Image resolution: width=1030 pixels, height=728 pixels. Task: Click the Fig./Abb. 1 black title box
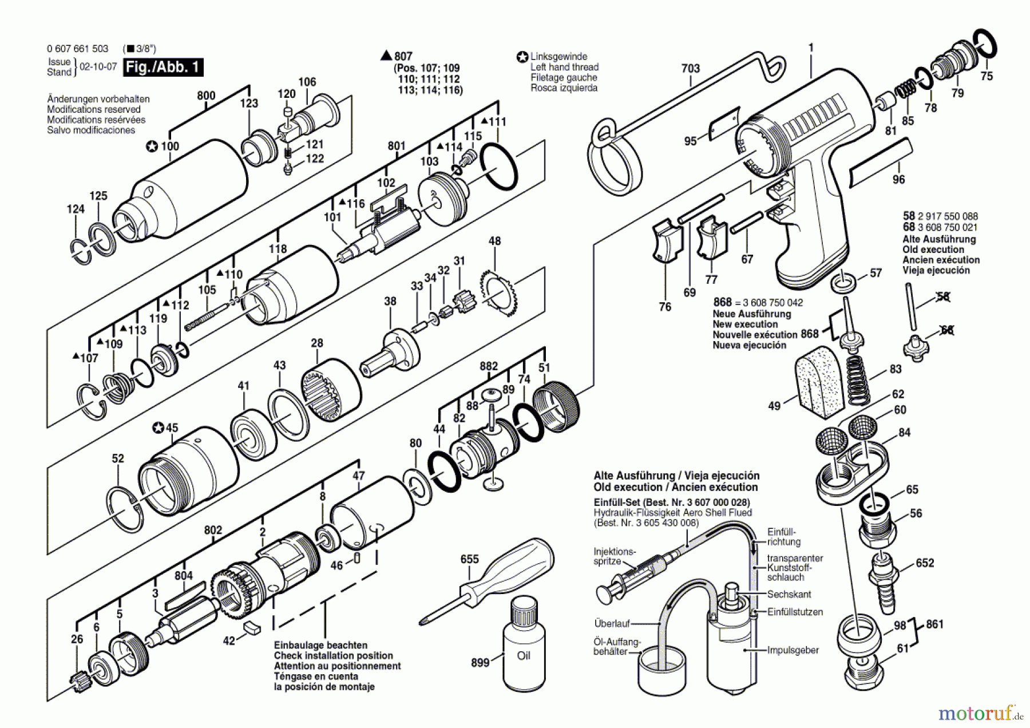pos(163,68)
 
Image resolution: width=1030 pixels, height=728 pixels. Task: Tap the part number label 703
pos(690,69)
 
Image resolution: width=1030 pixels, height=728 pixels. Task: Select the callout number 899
pos(480,662)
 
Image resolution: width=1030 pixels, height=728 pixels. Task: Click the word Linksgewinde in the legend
pos(558,57)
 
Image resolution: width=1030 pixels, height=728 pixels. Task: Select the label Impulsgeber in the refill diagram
pos(793,650)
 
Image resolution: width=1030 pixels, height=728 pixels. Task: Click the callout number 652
pos(925,563)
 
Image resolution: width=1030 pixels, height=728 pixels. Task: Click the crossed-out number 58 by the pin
pos(942,296)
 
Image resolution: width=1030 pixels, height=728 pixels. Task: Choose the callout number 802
pos(213,530)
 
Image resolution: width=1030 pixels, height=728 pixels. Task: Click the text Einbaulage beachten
pos(320,645)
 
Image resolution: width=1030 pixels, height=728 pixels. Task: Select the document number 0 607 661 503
pos(77,49)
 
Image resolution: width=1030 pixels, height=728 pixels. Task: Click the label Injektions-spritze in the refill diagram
pos(613,556)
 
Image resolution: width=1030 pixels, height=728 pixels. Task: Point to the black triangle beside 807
pos(386,56)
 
